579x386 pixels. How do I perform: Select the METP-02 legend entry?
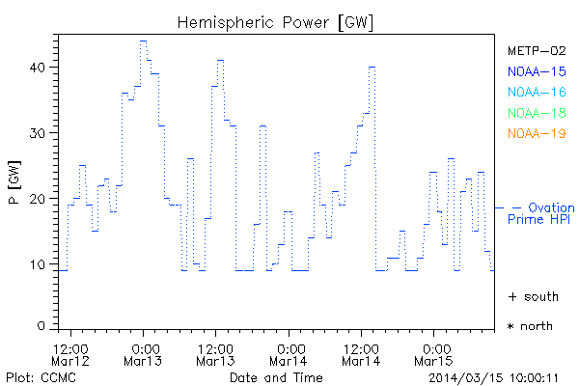[x=536, y=50]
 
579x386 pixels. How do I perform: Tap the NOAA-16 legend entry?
[x=536, y=92]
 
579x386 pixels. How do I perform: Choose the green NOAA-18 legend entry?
[x=536, y=113]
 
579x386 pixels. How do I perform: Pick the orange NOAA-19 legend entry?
[x=536, y=133]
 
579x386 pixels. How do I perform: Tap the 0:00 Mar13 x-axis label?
[x=145, y=354]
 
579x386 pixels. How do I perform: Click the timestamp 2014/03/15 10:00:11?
[x=494, y=376]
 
